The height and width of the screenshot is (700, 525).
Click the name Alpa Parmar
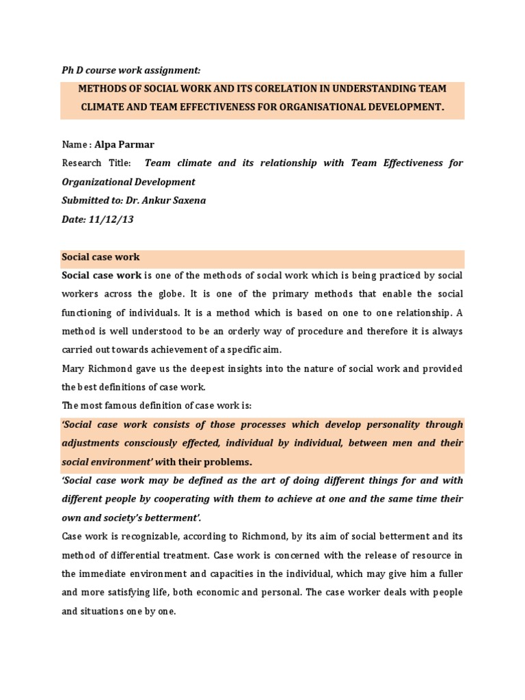[x=129, y=144]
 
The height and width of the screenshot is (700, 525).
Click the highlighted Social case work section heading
[x=100, y=257]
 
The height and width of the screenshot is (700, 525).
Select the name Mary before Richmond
[x=73, y=369]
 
